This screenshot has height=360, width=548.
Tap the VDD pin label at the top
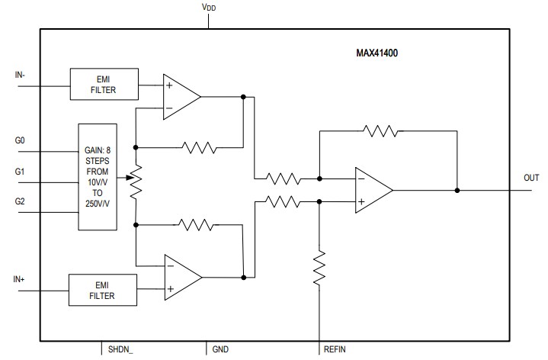click(208, 8)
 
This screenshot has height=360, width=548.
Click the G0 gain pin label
click(21, 142)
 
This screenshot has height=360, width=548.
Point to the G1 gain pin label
click(21, 172)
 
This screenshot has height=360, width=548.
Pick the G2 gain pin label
click(21, 202)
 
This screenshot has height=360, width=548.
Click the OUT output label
click(531, 178)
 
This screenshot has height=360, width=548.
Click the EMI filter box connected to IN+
click(103, 289)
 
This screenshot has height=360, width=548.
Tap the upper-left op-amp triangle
click(180, 97)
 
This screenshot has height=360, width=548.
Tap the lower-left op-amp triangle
click(181, 276)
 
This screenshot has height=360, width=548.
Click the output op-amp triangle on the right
click(371, 191)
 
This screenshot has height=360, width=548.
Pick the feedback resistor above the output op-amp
click(380, 131)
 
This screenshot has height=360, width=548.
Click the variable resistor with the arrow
click(135, 182)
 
